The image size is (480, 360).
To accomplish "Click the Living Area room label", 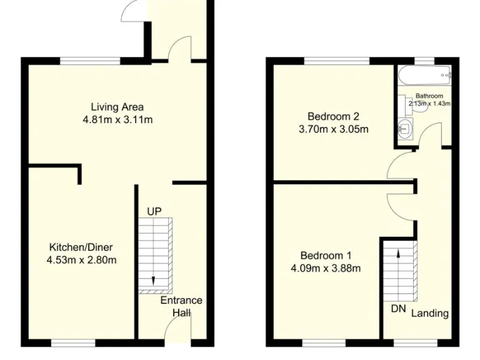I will point(117,107).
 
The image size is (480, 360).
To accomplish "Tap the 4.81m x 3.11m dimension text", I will point(117,119).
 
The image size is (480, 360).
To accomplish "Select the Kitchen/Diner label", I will point(81,247).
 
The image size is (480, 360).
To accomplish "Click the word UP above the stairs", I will point(154,212).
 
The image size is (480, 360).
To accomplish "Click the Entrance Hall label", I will point(181,306).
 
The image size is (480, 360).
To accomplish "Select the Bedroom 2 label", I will point(333,117).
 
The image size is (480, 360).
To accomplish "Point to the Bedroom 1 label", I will point(326,256).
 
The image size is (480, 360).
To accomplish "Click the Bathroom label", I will point(429,96).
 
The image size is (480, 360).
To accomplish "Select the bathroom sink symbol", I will point(403,129).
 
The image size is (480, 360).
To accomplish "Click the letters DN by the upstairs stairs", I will point(398,309).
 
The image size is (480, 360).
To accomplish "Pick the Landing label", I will point(429,313).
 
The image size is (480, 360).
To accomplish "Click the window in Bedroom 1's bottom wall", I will point(323,342).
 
